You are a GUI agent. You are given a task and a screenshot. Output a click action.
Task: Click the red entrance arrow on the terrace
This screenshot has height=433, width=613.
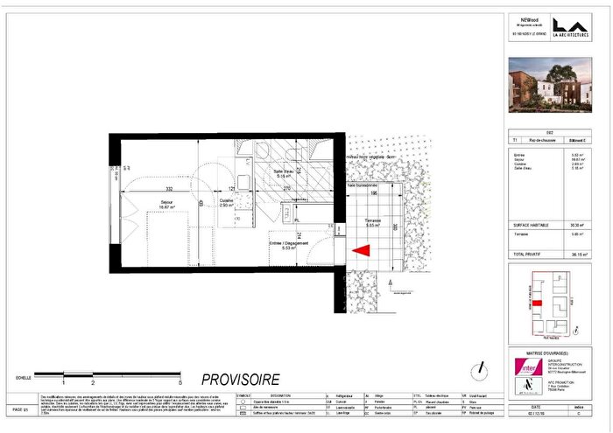click(x=360, y=250)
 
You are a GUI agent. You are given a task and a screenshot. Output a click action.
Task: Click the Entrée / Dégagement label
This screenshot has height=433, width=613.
click(x=286, y=245)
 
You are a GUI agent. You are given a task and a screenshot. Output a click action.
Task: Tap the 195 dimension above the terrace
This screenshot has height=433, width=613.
click(x=372, y=194)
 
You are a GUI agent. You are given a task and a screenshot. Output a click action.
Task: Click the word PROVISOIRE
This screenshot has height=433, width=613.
click(x=241, y=380)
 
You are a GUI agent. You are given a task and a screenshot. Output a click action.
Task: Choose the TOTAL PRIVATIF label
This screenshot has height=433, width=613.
click(x=532, y=253)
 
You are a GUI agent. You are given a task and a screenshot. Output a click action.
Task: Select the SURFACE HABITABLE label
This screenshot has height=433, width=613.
click(x=534, y=225)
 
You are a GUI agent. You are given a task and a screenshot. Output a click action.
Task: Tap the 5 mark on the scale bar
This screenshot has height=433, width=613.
click(x=180, y=382)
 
